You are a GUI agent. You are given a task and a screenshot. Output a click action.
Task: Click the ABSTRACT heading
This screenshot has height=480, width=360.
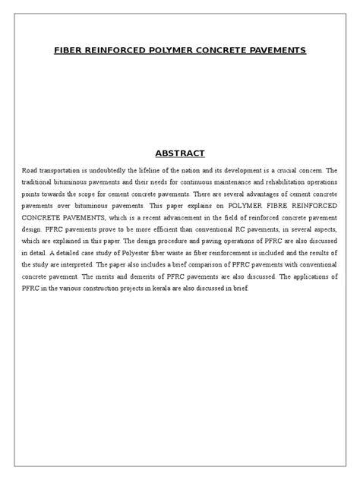[x=180, y=132]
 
